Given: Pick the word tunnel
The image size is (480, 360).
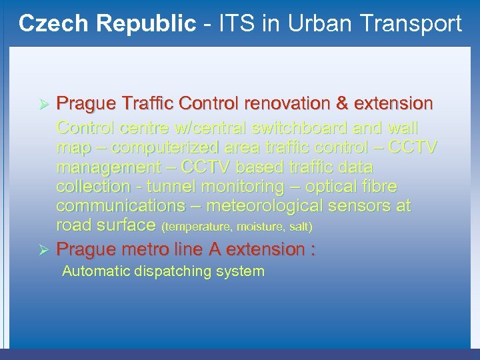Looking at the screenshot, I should [172, 186].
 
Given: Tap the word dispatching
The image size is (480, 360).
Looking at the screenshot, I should [174, 271].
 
